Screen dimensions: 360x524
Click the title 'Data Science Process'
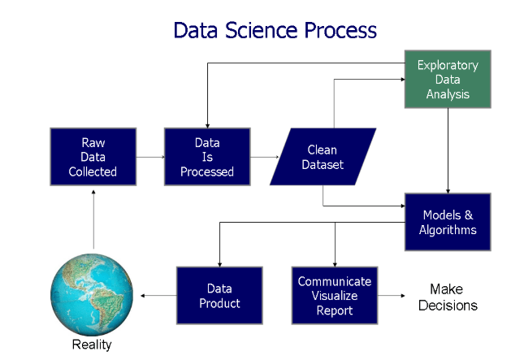coord(275,30)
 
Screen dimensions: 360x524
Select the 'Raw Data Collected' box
coord(93,157)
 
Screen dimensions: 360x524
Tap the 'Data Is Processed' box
coord(207,157)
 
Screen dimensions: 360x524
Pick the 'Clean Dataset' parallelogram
coord(323,157)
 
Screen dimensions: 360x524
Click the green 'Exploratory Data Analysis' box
coord(448,80)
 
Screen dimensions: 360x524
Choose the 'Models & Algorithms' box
coord(449,222)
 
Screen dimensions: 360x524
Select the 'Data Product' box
coord(219,295)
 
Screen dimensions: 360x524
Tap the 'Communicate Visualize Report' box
coord(334,295)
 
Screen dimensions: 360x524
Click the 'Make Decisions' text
coord(453,297)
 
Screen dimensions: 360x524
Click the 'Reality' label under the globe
coord(92,345)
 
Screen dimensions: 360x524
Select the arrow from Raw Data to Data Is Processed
coord(149,157)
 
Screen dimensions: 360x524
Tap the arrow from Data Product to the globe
coord(158,295)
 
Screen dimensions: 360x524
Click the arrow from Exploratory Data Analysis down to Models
coord(448,150)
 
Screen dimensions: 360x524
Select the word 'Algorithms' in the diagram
coord(449,230)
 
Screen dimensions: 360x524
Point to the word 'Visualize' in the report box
coord(334,296)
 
